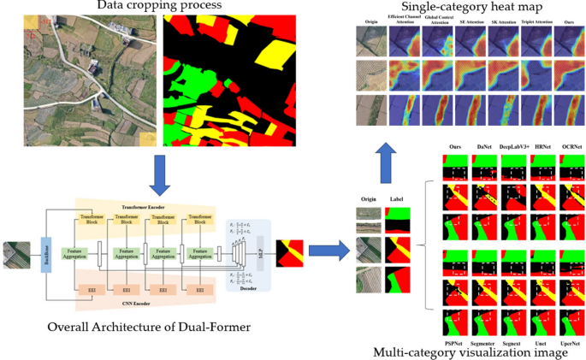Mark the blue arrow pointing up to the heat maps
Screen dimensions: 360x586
point(388,157)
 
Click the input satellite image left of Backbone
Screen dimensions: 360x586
point(15,255)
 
